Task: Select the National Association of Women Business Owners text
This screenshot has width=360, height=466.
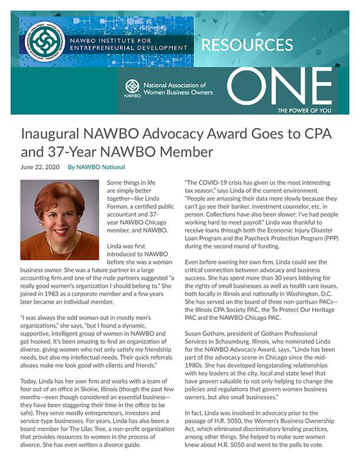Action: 178,88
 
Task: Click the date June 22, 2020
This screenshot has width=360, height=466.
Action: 40,167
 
